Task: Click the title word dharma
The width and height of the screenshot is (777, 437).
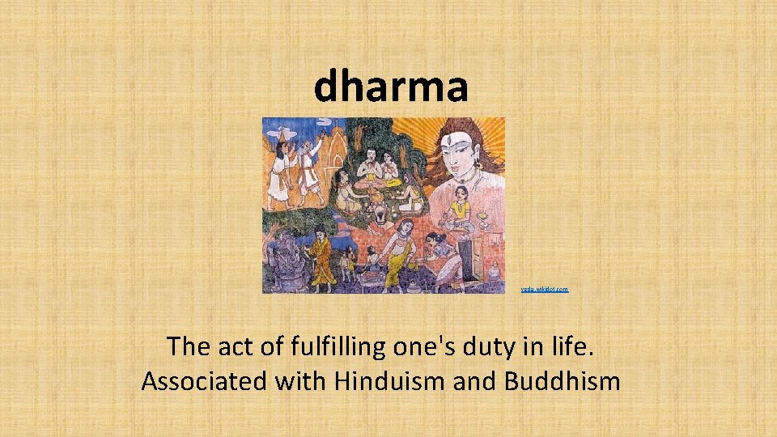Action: [x=391, y=86]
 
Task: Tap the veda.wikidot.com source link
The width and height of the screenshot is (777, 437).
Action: [x=545, y=289]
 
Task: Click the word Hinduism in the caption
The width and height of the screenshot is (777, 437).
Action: [x=379, y=380]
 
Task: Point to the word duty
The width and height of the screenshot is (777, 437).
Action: [x=461, y=346]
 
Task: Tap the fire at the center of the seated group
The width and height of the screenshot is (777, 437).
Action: [x=376, y=211]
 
